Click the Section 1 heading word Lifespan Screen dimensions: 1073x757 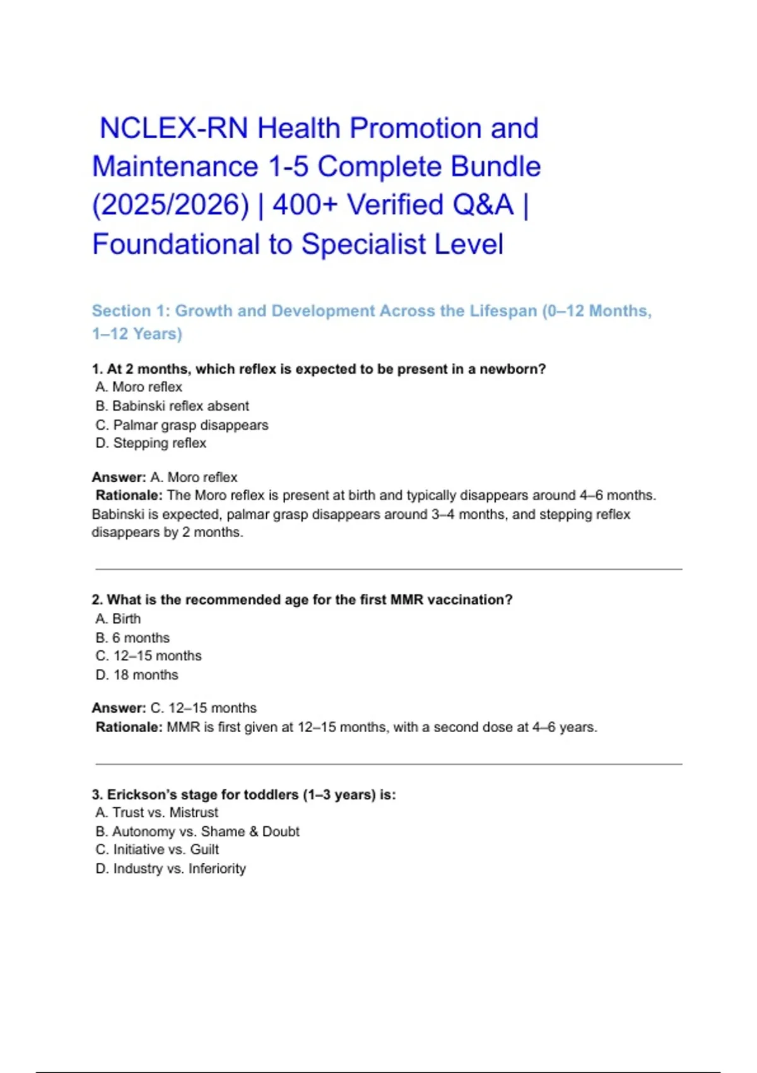[503, 311]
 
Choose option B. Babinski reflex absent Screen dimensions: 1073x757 [172, 406]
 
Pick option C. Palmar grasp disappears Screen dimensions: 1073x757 [182, 425]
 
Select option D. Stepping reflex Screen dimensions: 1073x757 [151, 443]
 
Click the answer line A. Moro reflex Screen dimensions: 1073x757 [194, 477]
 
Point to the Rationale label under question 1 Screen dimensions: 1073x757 [129, 495]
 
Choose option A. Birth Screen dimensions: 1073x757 [119, 619]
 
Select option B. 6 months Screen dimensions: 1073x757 [132, 637]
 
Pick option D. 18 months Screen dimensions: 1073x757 [137, 675]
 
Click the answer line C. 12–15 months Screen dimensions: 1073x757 [203, 708]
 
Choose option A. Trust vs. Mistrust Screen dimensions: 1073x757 [157, 812]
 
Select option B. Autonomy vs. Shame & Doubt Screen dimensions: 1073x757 [197, 831]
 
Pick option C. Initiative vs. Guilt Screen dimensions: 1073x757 [158, 850]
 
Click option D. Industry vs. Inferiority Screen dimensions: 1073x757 [171, 868]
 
